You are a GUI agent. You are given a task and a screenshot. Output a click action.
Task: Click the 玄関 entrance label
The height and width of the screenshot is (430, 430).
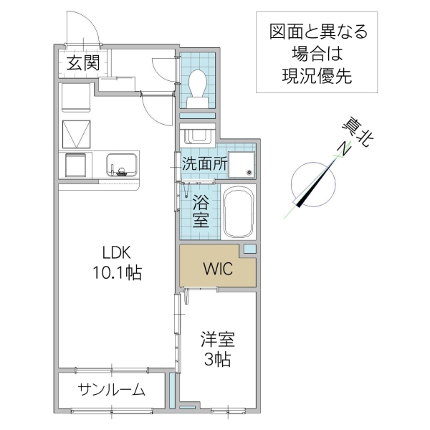tap(83, 63)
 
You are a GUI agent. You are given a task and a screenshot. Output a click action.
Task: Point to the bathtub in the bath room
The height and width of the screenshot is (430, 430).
tap(238, 213)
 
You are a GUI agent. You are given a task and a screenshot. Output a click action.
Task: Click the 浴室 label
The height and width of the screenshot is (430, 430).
tap(201, 211)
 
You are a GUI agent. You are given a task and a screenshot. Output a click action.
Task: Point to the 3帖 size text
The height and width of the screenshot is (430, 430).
tap(217, 359)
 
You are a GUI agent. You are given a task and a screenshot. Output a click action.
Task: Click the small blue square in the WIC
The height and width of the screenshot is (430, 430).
tap(249, 249)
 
